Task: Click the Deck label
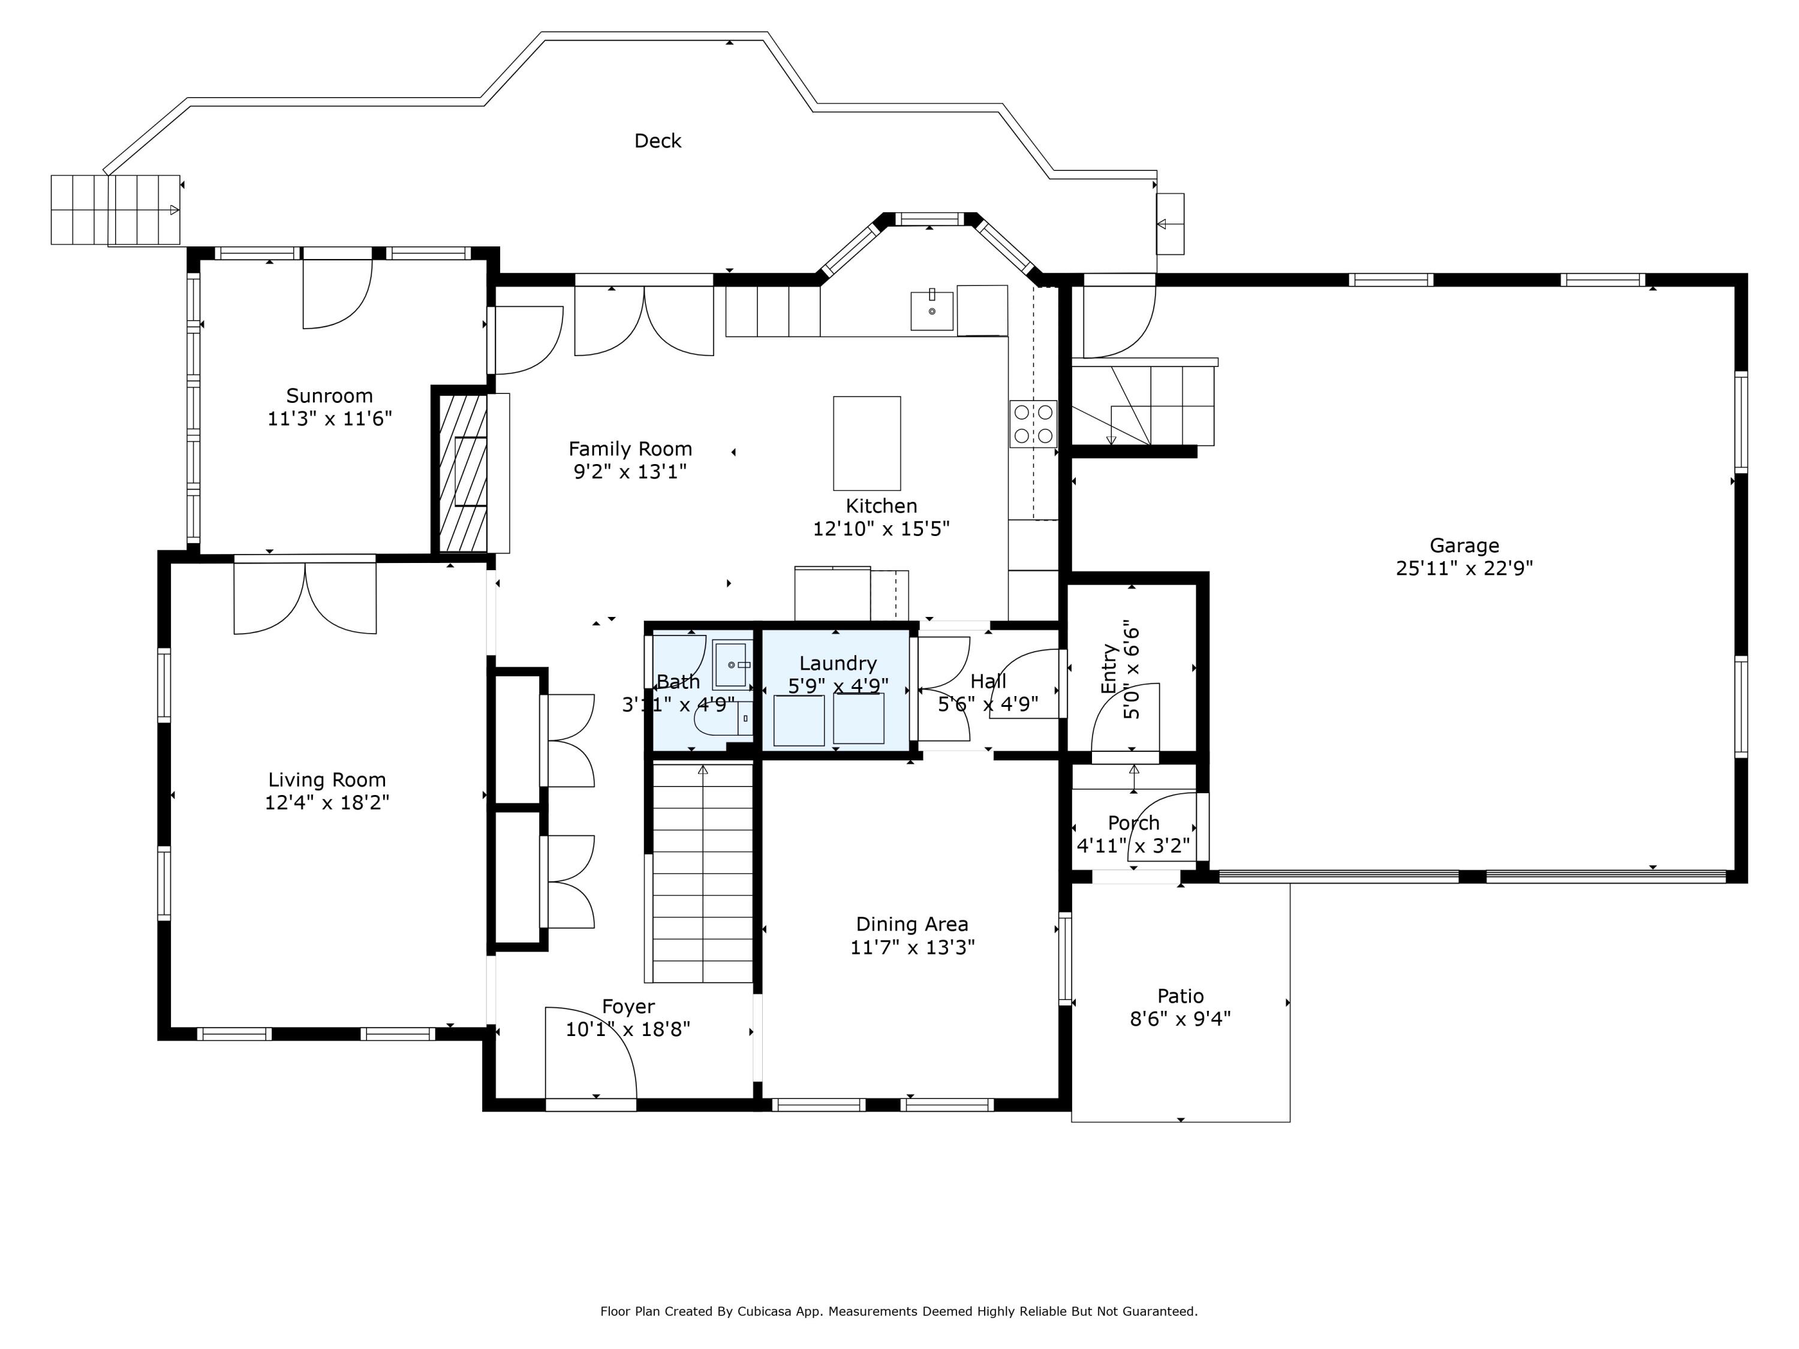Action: pos(657,141)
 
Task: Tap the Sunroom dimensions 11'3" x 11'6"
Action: pos(329,418)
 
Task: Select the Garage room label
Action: pos(1464,546)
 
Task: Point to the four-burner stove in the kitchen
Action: pos(1033,424)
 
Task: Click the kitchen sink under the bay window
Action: pos(931,311)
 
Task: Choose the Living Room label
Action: pos(327,780)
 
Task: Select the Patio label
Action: pos(1180,996)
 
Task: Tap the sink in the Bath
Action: pos(732,664)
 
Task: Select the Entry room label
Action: pos(1108,669)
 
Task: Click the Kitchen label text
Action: pos(881,506)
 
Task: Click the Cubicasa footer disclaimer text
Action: pos(899,1311)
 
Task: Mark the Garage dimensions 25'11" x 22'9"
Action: pos(1464,568)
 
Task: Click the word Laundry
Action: pos(838,664)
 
